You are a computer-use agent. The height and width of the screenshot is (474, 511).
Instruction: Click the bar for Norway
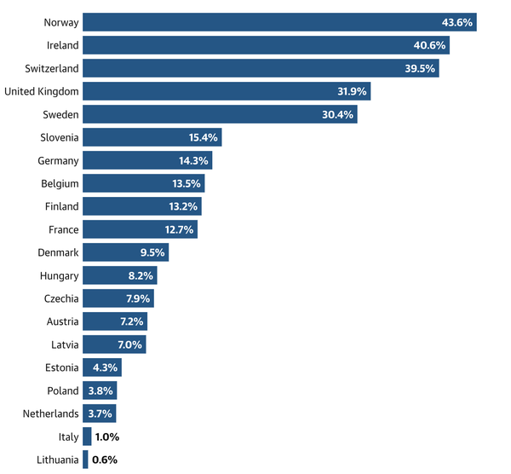(x=279, y=22)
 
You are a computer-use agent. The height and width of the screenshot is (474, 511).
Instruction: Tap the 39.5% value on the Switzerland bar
(x=418, y=68)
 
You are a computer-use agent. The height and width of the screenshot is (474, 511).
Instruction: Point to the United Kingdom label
(x=41, y=91)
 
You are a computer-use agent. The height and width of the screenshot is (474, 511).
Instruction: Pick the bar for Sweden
(x=220, y=114)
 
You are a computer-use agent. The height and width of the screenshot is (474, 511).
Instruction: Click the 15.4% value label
(x=204, y=137)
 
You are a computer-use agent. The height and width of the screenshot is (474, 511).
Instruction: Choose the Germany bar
(x=147, y=160)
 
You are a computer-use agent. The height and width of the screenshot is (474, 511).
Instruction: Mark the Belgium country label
(x=60, y=183)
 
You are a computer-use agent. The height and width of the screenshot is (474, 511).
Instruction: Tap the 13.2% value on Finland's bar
(x=182, y=206)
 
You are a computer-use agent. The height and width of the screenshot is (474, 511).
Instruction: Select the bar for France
(x=140, y=229)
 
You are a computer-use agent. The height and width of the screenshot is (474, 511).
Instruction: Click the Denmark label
(x=58, y=252)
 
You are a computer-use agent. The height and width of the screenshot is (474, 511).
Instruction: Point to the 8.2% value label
(x=140, y=275)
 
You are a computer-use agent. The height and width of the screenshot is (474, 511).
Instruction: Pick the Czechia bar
(x=118, y=298)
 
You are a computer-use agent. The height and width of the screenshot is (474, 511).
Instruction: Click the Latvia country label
(x=63, y=344)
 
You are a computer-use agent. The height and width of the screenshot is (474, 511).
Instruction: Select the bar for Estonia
(x=102, y=367)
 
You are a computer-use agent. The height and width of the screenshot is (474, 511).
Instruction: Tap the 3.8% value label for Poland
(x=100, y=390)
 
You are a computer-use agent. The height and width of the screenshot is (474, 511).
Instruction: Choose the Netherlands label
(x=51, y=413)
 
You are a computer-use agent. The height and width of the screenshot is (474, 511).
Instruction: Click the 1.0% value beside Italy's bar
(x=106, y=436)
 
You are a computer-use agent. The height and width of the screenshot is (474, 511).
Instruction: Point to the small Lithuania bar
(x=85, y=460)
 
